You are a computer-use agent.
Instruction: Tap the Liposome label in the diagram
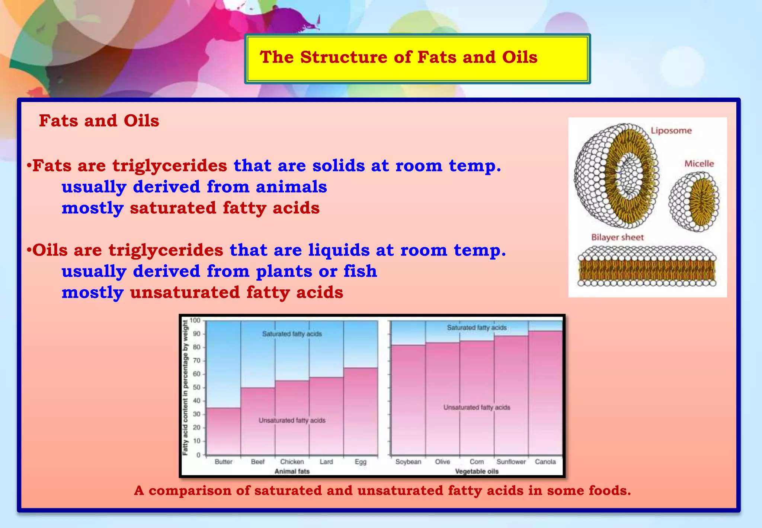671,131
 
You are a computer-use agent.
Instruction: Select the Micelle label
699,164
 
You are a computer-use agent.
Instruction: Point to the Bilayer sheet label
617,238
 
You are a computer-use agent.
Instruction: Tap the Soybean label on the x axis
408,462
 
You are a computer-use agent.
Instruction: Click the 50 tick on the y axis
196,388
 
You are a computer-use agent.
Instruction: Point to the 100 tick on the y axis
195,321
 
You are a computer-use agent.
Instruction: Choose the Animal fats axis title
292,471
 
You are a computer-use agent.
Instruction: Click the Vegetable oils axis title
477,471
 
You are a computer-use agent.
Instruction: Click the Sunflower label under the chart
511,462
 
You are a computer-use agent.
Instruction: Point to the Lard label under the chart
326,462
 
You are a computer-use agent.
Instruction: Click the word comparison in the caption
189,491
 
